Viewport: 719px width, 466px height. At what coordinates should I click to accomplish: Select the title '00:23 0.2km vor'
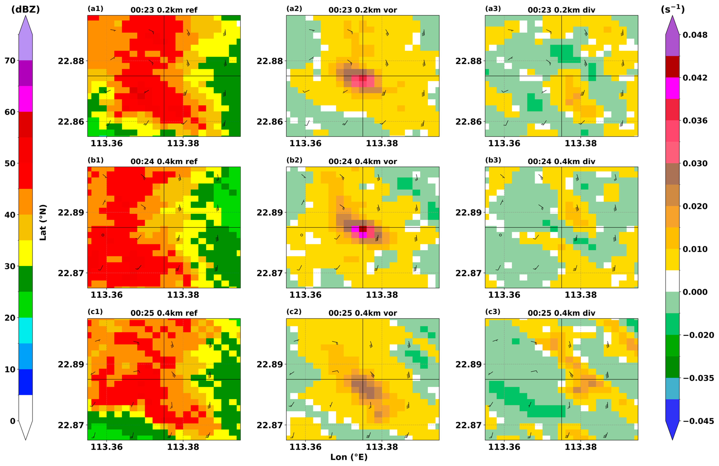tap(362, 10)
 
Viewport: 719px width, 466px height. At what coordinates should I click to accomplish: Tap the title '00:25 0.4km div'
tap(561, 313)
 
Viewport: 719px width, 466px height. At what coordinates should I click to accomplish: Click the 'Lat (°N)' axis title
tap(43, 223)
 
